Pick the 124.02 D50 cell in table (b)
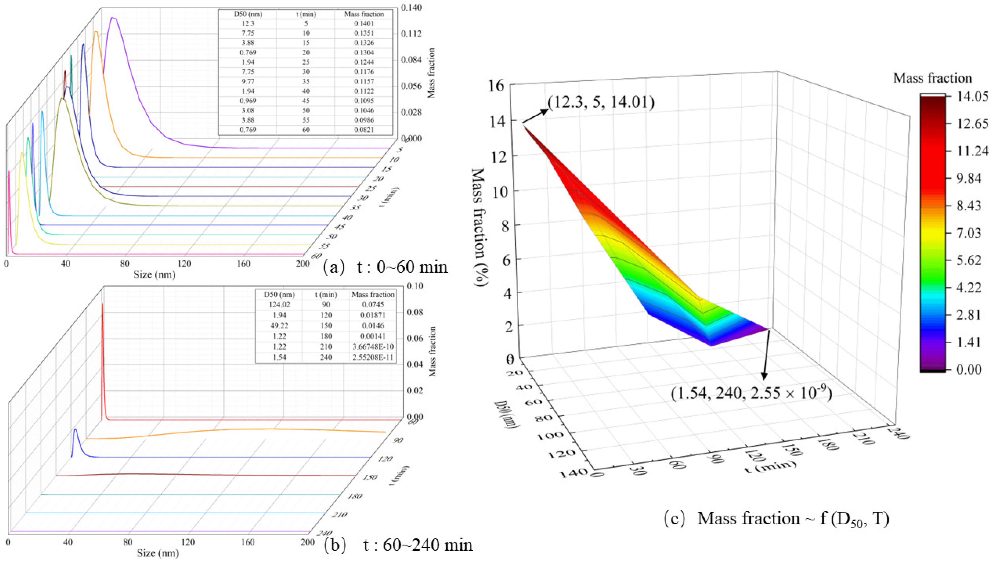point(279,304)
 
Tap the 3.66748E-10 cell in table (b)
point(372,347)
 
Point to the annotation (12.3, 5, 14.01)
point(601,103)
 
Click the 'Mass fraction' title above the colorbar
point(932,78)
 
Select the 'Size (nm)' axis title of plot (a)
point(154,275)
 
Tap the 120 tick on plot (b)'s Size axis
point(188,542)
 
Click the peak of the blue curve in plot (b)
point(75,429)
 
